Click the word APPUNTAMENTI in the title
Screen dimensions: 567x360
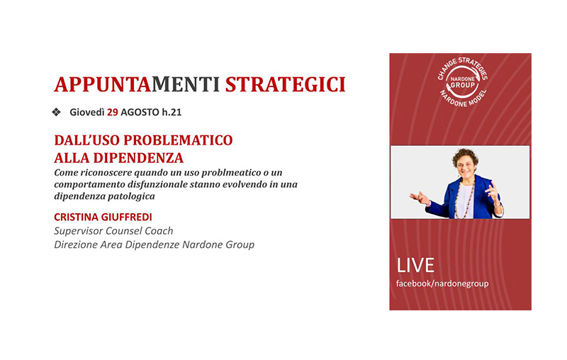137,84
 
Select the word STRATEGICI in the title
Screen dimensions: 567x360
286,84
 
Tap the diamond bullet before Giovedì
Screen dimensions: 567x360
56,112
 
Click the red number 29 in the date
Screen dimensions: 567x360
113,113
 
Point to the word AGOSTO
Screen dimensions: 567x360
140,113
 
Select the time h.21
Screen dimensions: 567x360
172,113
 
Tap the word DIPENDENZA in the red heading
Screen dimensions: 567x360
138,158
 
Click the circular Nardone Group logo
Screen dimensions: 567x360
462,83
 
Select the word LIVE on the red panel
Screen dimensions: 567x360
415,266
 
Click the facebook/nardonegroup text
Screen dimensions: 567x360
442,283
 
